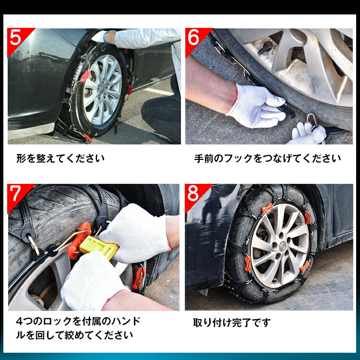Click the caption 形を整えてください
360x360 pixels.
pos(60,158)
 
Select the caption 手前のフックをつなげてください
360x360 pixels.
pos(267,158)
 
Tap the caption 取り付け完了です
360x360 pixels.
pos(232,323)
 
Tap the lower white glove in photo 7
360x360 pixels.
pos(89,283)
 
